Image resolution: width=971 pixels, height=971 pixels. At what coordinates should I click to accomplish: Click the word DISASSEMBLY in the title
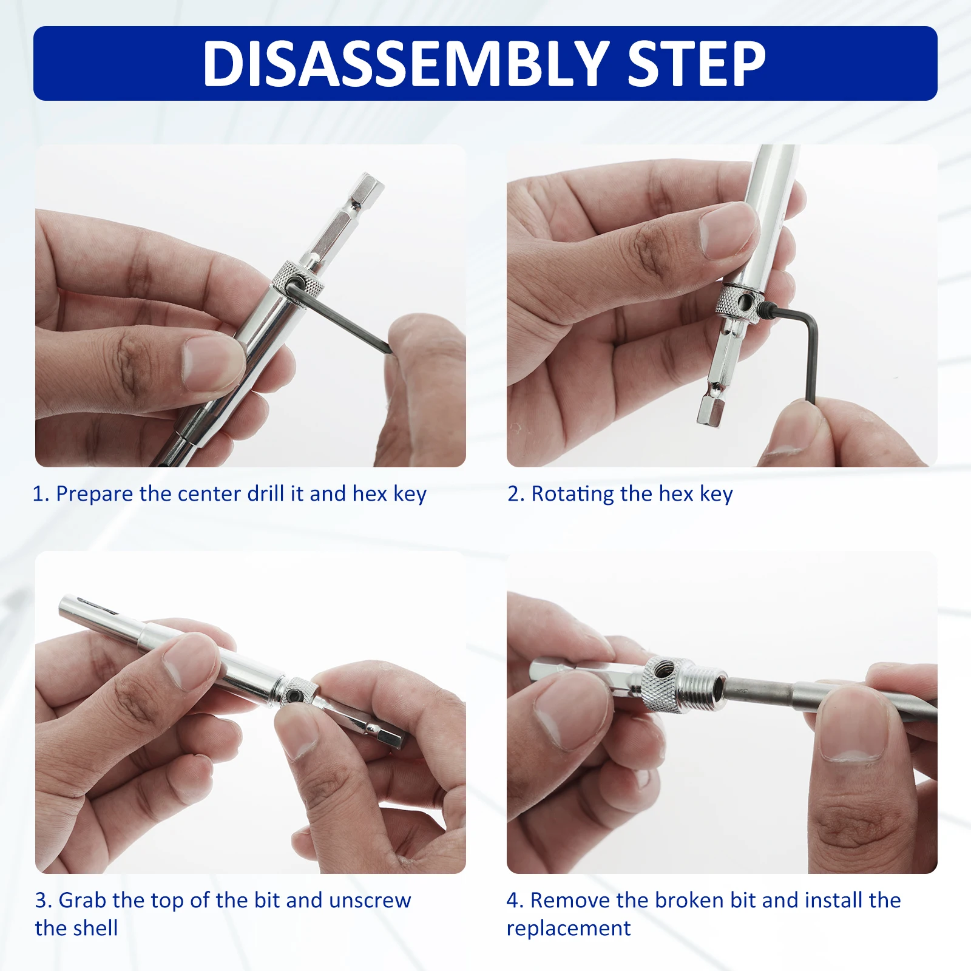click(406, 64)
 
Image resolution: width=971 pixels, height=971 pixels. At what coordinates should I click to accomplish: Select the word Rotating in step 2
click(573, 495)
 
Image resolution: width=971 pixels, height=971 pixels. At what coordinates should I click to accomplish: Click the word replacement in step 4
click(569, 929)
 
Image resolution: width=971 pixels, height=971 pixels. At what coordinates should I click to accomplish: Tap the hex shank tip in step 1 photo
click(369, 183)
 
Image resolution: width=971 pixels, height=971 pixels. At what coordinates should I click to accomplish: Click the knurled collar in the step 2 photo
click(740, 302)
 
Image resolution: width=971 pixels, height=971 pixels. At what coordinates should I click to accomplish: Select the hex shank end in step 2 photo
click(711, 410)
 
